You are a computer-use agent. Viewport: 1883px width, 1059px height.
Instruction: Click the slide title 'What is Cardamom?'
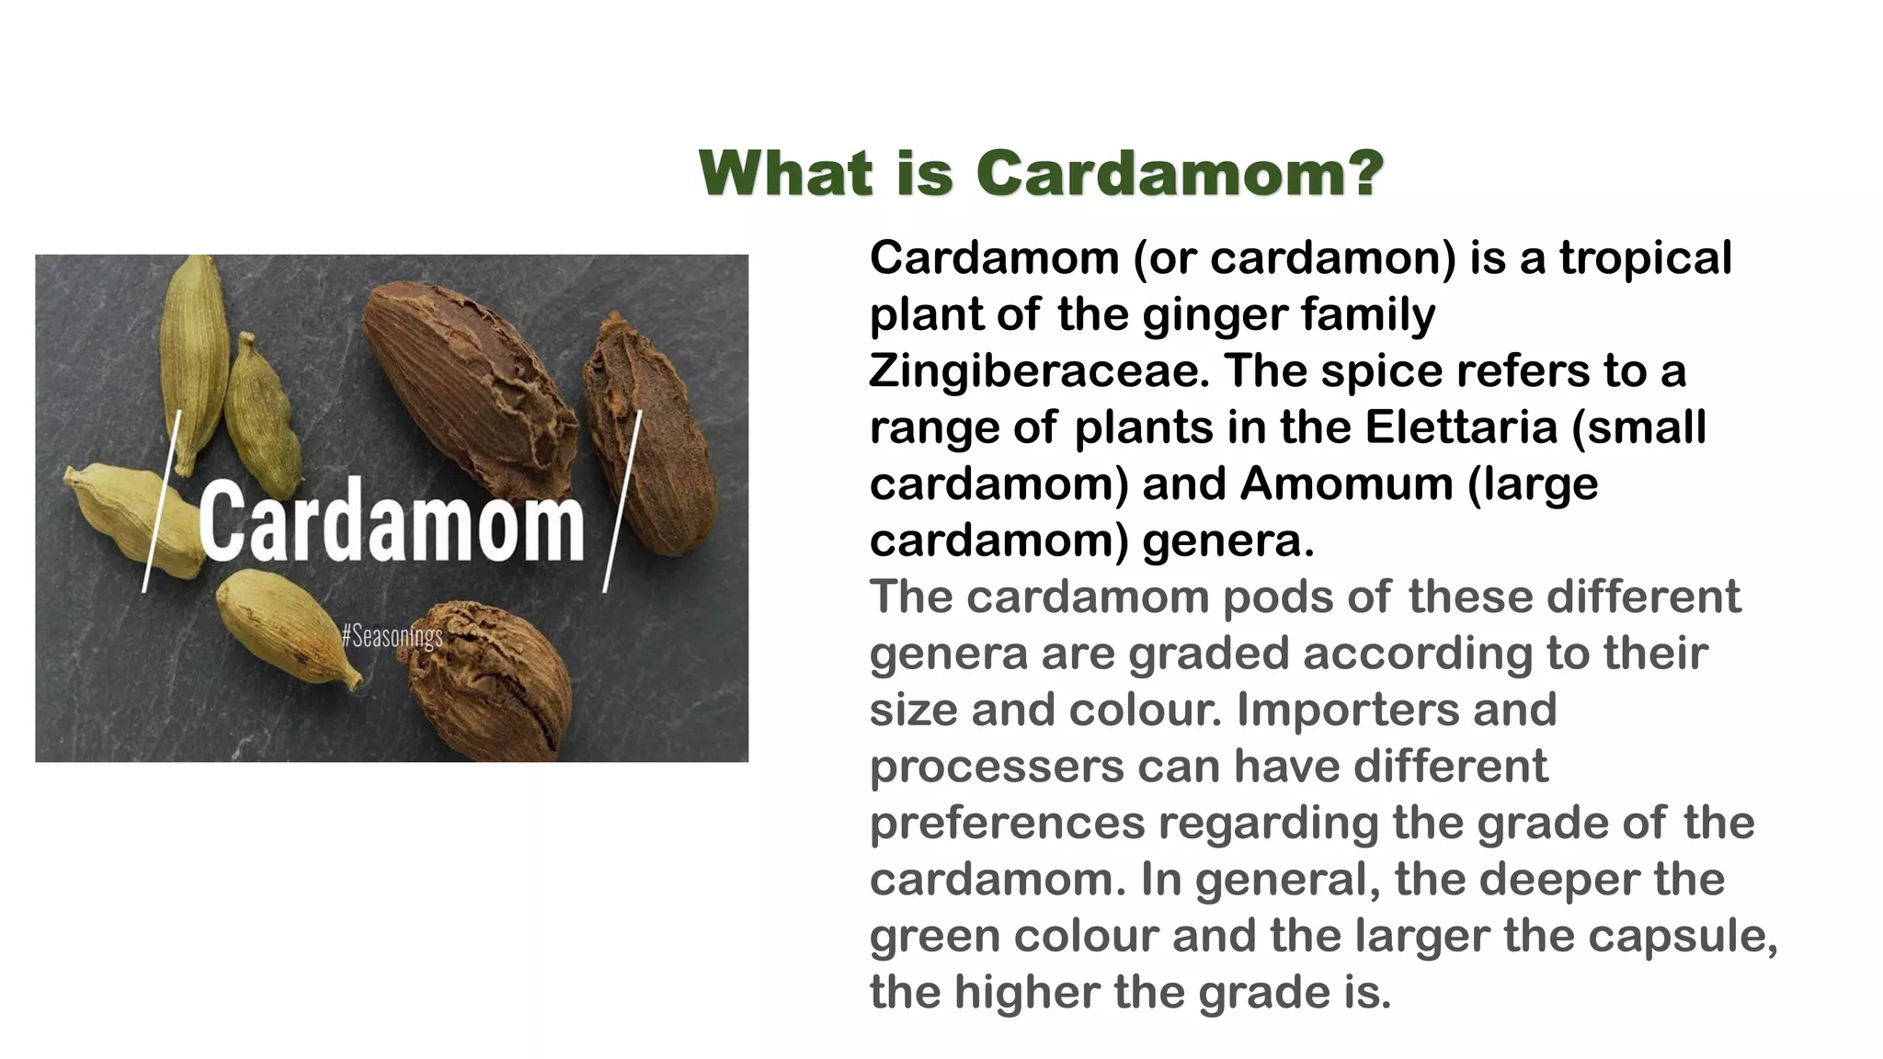point(1041,173)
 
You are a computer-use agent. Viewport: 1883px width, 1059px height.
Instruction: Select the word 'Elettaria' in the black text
point(1460,427)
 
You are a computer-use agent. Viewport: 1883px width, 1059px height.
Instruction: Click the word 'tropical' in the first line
point(1645,258)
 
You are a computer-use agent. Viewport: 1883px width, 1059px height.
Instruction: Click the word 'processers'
point(997,768)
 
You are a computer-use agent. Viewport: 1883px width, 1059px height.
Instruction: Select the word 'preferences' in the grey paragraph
point(1007,824)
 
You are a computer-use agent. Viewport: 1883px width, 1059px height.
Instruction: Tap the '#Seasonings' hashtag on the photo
point(392,635)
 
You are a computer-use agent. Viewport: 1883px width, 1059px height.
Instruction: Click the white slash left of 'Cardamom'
point(161,501)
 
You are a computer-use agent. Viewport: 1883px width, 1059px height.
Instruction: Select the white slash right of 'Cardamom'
point(622,501)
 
